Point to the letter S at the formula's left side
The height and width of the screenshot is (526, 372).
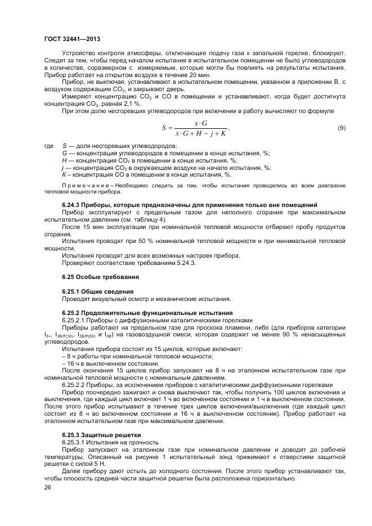pos(164,128)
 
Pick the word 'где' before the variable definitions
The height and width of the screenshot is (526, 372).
pos(49,145)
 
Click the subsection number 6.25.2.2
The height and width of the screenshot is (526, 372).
pos(74,385)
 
